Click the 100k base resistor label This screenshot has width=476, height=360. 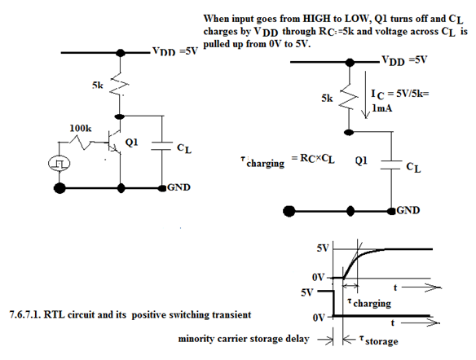click(x=81, y=129)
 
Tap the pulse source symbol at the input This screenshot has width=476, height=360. click(x=59, y=164)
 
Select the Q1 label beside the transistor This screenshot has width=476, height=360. click(x=131, y=142)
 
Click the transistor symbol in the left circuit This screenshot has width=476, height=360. click(x=113, y=142)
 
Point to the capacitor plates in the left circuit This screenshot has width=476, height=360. click(x=162, y=146)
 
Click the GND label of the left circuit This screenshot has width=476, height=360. click(x=178, y=187)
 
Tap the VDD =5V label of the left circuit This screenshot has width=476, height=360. click(x=175, y=51)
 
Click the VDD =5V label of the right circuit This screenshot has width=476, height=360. click(x=404, y=60)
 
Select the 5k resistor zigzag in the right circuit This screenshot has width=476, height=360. click(x=349, y=97)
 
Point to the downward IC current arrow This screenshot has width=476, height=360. click(x=365, y=94)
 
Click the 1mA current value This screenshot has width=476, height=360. click(x=382, y=108)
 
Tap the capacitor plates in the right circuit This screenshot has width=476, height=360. click(x=391, y=165)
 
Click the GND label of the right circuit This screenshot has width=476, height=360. click(x=408, y=210)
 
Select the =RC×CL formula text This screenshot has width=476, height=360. click(x=313, y=159)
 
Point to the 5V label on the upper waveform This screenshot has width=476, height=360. click(x=323, y=248)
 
